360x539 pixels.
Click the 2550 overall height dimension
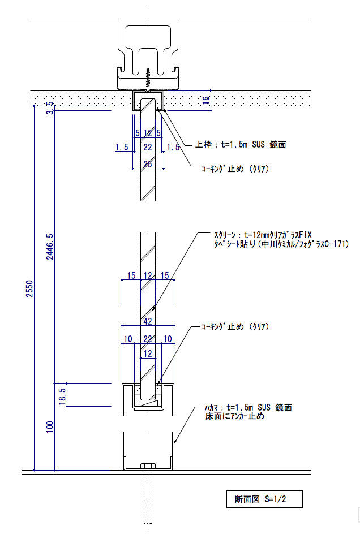pyautogui.click(x=30, y=289)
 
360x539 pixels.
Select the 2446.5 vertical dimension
pyautogui.click(x=50, y=247)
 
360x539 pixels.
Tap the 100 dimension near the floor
pyautogui.click(x=50, y=427)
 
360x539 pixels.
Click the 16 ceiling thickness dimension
pyautogui.click(x=206, y=100)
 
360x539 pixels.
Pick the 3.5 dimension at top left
pyautogui.click(x=50, y=107)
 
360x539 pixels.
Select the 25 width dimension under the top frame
pyautogui.click(x=148, y=164)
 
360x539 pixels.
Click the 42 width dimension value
pyautogui.click(x=148, y=321)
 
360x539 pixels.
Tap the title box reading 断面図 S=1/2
pyautogui.click(x=264, y=499)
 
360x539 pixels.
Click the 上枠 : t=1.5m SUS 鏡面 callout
pyautogui.click(x=241, y=145)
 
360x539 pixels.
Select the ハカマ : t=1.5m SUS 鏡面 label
pyautogui.click(x=248, y=408)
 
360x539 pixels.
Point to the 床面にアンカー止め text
pyautogui.click(x=235, y=416)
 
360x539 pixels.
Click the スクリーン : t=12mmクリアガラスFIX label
pyautogui.click(x=263, y=235)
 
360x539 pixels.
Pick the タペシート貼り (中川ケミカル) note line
pyautogui.click(x=281, y=244)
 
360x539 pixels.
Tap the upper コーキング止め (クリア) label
pyautogui.click(x=235, y=169)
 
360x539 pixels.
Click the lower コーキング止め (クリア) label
pyautogui.click(x=235, y=326)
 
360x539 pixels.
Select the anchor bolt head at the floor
pyautogui.click(x=148, y=466)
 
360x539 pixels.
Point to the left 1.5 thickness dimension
pyautogui.click(x=122, y=148)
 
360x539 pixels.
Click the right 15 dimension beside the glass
pyautogui.click(x=165, y=275)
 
